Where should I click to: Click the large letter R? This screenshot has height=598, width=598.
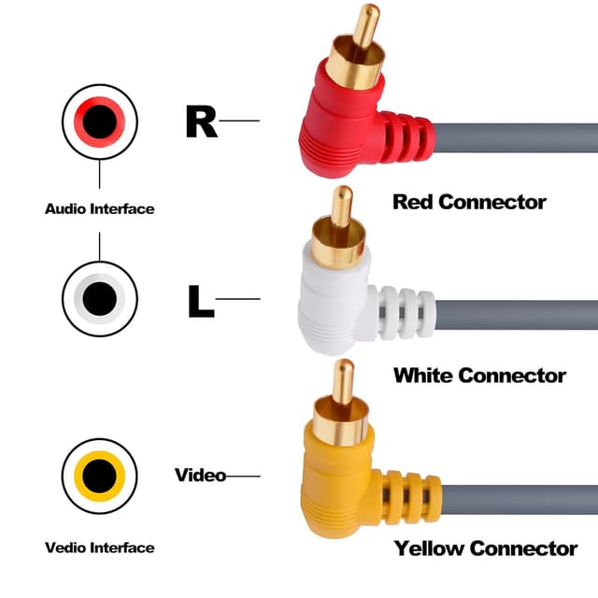(201, 121)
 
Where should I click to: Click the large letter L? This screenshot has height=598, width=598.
(201, 300)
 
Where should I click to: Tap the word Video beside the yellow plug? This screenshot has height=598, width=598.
(200, 476)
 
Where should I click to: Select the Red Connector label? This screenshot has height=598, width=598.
(469, 202)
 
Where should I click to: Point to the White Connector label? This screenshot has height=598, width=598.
(479, 376)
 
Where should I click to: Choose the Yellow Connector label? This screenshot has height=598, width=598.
(485, 548)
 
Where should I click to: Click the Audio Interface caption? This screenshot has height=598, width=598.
(99, 209)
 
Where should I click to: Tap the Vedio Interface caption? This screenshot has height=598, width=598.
(99, 548)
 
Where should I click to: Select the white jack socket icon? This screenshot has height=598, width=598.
(100, 299)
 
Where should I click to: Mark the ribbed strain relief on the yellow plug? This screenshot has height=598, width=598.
(411, 494)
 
